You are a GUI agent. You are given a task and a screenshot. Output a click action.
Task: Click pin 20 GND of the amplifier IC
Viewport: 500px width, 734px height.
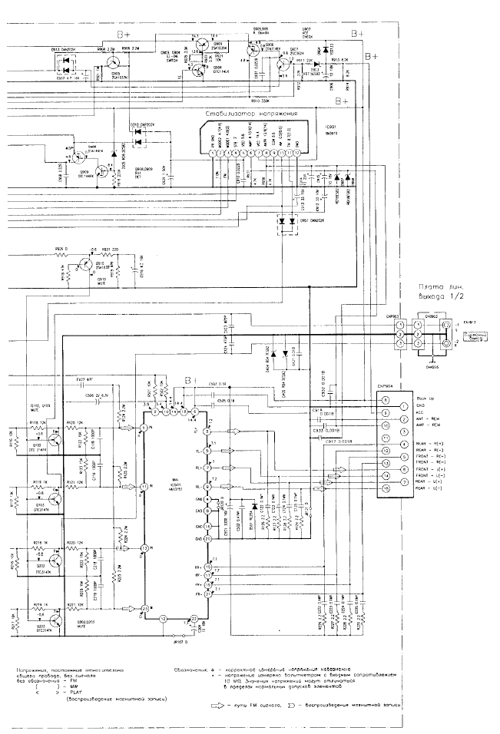point(207,538)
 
